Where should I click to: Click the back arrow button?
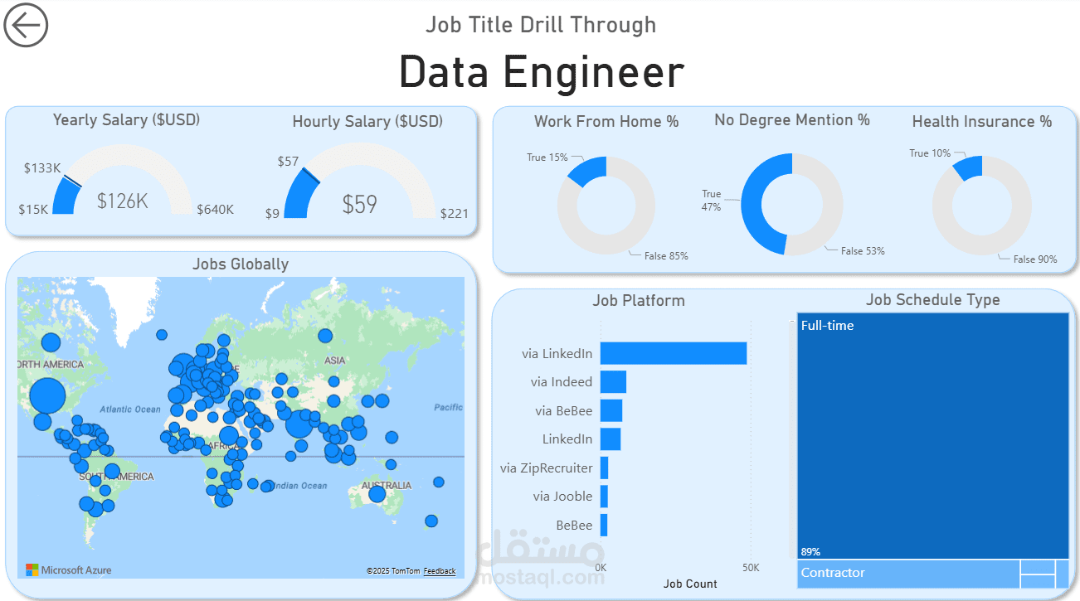tap(26, 25)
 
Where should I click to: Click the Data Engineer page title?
tap(541, 72)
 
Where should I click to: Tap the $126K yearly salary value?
tap(123, 201)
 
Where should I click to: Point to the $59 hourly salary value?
tap(359, 204)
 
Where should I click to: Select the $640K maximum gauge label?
tap(215, 210)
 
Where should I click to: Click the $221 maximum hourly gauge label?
tap(454, 214)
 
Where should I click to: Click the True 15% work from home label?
tap(547, 157)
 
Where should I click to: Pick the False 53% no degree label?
tap(863, 250)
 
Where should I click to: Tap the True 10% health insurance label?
tap(930, 153)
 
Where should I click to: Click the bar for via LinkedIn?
tap(673, 353)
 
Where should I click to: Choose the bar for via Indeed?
tap(613, 382)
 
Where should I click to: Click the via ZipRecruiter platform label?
tap(546, 468)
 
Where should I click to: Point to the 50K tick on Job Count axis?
tap(750, 568)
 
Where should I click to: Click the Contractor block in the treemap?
tap(907, 574)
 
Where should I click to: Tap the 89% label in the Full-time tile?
tap(810, 552)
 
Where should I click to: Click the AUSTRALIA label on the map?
tap(386, 486)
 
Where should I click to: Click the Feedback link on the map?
tap(439, 571)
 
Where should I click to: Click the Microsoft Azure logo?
tap(69, 570)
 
